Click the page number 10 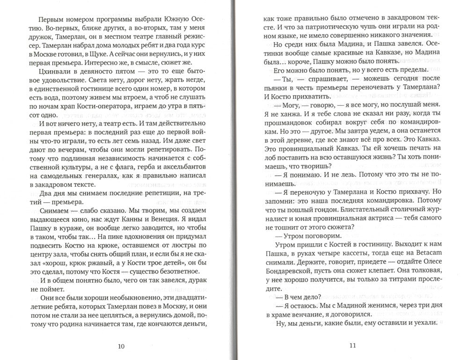[121, 346]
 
